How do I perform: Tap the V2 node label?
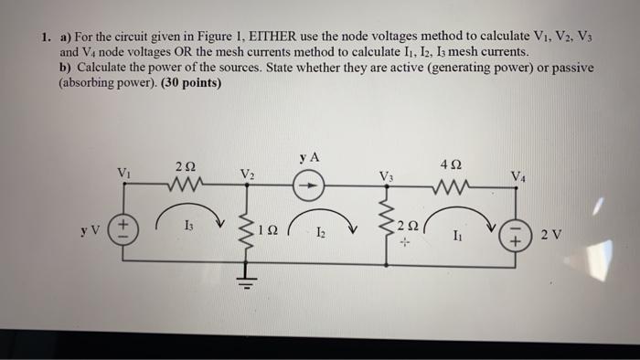247,174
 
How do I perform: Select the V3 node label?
387,175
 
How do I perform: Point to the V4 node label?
518,175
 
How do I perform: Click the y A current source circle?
309,186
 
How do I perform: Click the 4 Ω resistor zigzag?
454,189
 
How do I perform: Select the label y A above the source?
308,157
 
